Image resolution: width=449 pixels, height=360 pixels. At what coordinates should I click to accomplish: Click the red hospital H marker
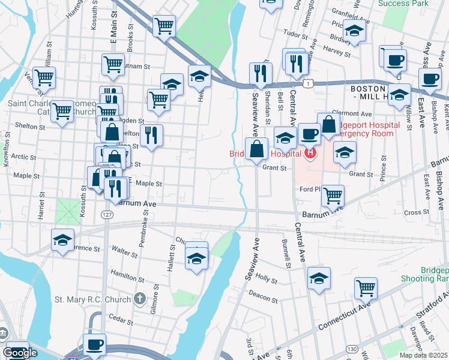(310, 154)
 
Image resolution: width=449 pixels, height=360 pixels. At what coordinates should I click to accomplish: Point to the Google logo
(20, 353)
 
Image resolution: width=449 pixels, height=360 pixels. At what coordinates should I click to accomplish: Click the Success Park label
(403, 3)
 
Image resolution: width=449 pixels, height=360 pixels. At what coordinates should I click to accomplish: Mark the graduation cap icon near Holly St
(319, 278)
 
